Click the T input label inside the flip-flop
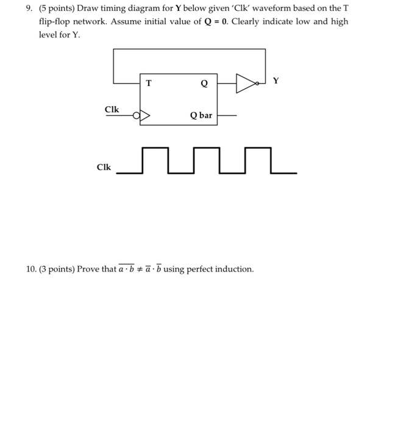pyautogui.click(x=147, y=83)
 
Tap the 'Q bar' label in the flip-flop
pyautogui.click(x=201, y=115)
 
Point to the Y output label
pyautogui.click(x=275, y=80)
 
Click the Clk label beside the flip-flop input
pyautogui.click(x=112, y=109)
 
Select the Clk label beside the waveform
pyautogui.click(x=104, y=167)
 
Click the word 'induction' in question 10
pyautogui.click(x=235, y=269)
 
